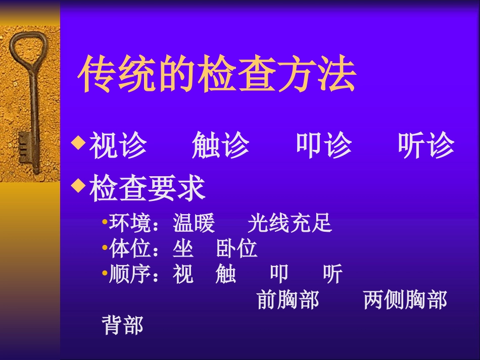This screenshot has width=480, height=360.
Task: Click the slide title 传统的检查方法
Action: click(x=217, y=75)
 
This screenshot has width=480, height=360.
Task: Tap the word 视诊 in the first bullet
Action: click(x=118, y=145)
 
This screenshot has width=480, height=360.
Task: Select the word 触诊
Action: click(x=221, y=145)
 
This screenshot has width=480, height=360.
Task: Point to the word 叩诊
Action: click(x=324, y=145)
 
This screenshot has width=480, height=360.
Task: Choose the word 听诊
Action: click(x=426, y=145)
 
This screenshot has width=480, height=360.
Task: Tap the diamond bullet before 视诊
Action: click(x=79, y=143)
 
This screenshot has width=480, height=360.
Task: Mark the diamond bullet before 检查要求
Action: click(x=79, y=187)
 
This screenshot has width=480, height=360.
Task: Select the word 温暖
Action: click(x=194, y=223)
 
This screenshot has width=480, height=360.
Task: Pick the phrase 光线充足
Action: click(x=290, y=223)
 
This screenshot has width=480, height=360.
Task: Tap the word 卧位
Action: click(x=237, y=249)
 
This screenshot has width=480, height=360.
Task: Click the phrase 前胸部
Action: click(x=288, y=300)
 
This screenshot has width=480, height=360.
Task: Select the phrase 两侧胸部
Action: click(x=405, y=300)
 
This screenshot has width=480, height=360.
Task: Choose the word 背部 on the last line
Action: click(x=123, y=326)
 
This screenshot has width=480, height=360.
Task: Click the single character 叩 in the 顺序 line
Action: click(x=279, y=275)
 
